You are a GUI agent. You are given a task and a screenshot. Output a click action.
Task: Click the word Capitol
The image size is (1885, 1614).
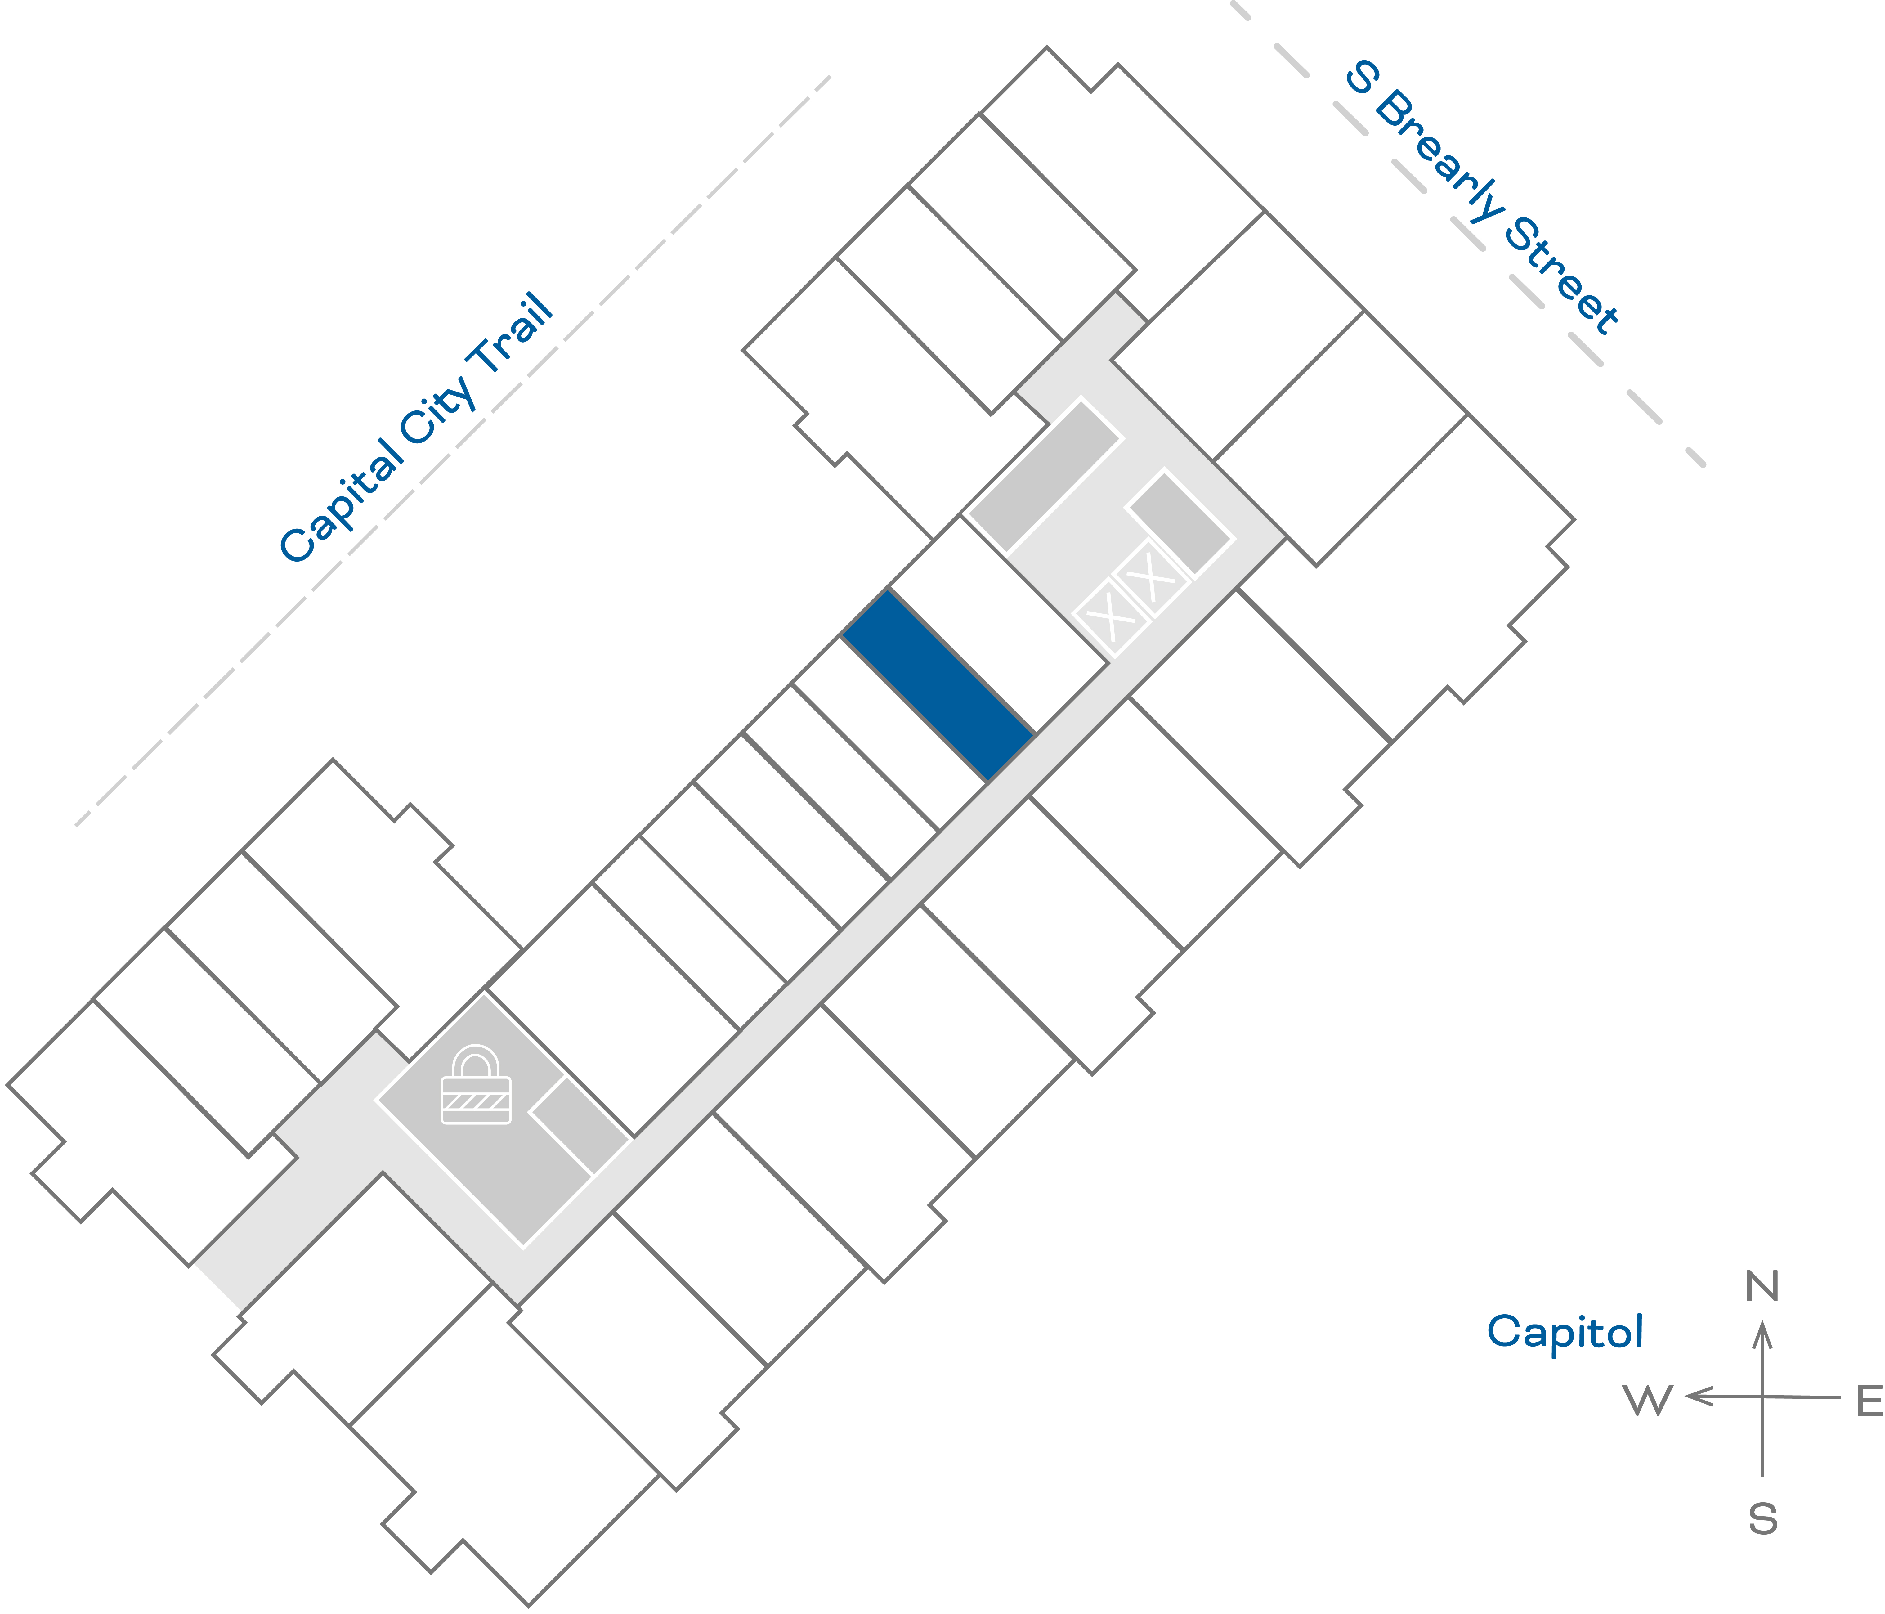pyautogui.click(x=1565, y=1332)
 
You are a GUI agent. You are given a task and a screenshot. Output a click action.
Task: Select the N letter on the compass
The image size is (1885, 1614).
pyautogui.click(x=1762, y=1286)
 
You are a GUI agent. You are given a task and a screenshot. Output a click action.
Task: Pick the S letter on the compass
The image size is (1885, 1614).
pyautogui.click(x=1762, y=1519)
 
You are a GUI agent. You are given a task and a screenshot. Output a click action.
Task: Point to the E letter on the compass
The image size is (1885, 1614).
pyautogui.click(x=1869, y=1402)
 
